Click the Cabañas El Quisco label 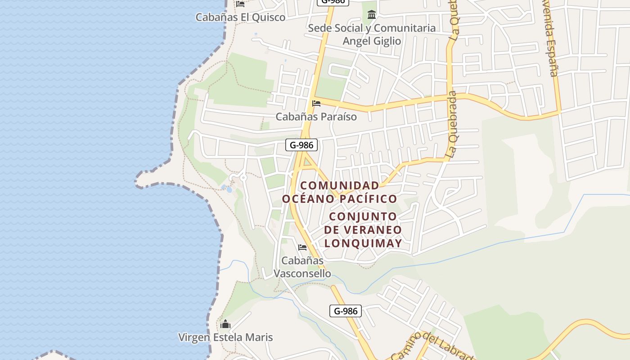pos(240,18)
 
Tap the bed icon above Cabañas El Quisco pos(240,4)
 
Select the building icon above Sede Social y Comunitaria pos(372,14)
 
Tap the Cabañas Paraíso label pos(316,117)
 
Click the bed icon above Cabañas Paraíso pos(316,103)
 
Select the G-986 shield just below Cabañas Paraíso pos(301,145)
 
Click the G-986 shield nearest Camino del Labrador pos(346,311)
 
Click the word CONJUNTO pos(363,216)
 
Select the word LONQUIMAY pos(363,243)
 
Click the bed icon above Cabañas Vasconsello pos(302,247)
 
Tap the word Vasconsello pos(302,274)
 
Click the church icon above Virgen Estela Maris pos(225,324)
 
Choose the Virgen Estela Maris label pos(225,337)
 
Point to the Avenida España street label pos(550,38)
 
